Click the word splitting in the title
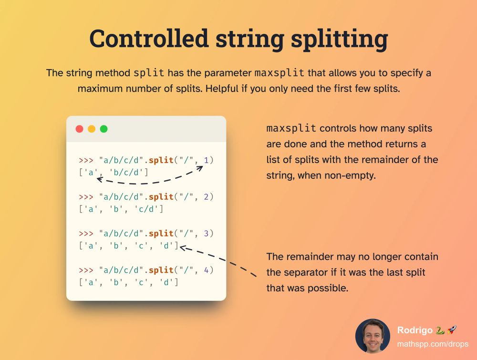click(339, 39)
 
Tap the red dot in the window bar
click(80, 129)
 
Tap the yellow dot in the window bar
click(92, 129)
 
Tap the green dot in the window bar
click(104, 129)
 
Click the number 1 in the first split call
click(207, 160)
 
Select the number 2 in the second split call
click(207, 196)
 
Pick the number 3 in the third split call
click(207, 233)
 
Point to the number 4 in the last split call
click(207, 270)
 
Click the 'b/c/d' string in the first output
click(129, 173)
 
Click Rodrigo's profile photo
click(373, 336)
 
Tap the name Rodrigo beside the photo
click(415, 330)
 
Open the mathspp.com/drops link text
click(432, 344)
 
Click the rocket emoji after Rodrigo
click(451, 330)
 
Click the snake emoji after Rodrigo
click(440, 330)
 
